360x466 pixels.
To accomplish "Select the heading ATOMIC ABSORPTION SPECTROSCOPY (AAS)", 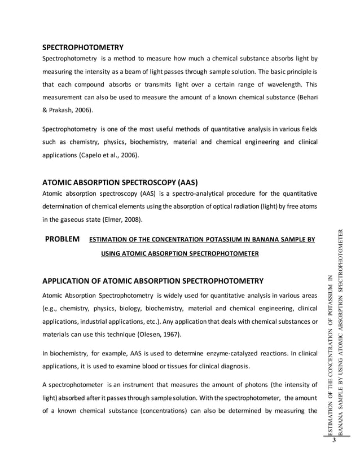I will click(120, 183).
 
